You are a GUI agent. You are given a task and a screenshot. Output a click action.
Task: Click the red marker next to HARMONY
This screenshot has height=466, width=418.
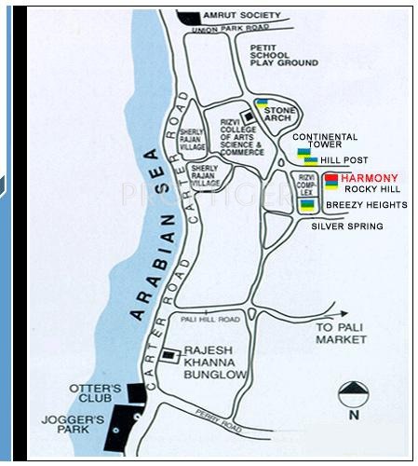[330, 177]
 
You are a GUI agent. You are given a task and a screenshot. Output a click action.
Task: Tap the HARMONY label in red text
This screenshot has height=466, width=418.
[369, 178]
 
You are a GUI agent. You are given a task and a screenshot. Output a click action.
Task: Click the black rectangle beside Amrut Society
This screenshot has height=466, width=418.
[189, 19]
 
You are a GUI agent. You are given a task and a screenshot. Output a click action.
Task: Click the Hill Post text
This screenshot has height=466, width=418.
[345, 160]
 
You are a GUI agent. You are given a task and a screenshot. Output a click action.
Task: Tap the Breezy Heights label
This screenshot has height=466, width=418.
[366, 204]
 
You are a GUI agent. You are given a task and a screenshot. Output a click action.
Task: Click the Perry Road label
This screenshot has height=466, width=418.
[220, 420]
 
